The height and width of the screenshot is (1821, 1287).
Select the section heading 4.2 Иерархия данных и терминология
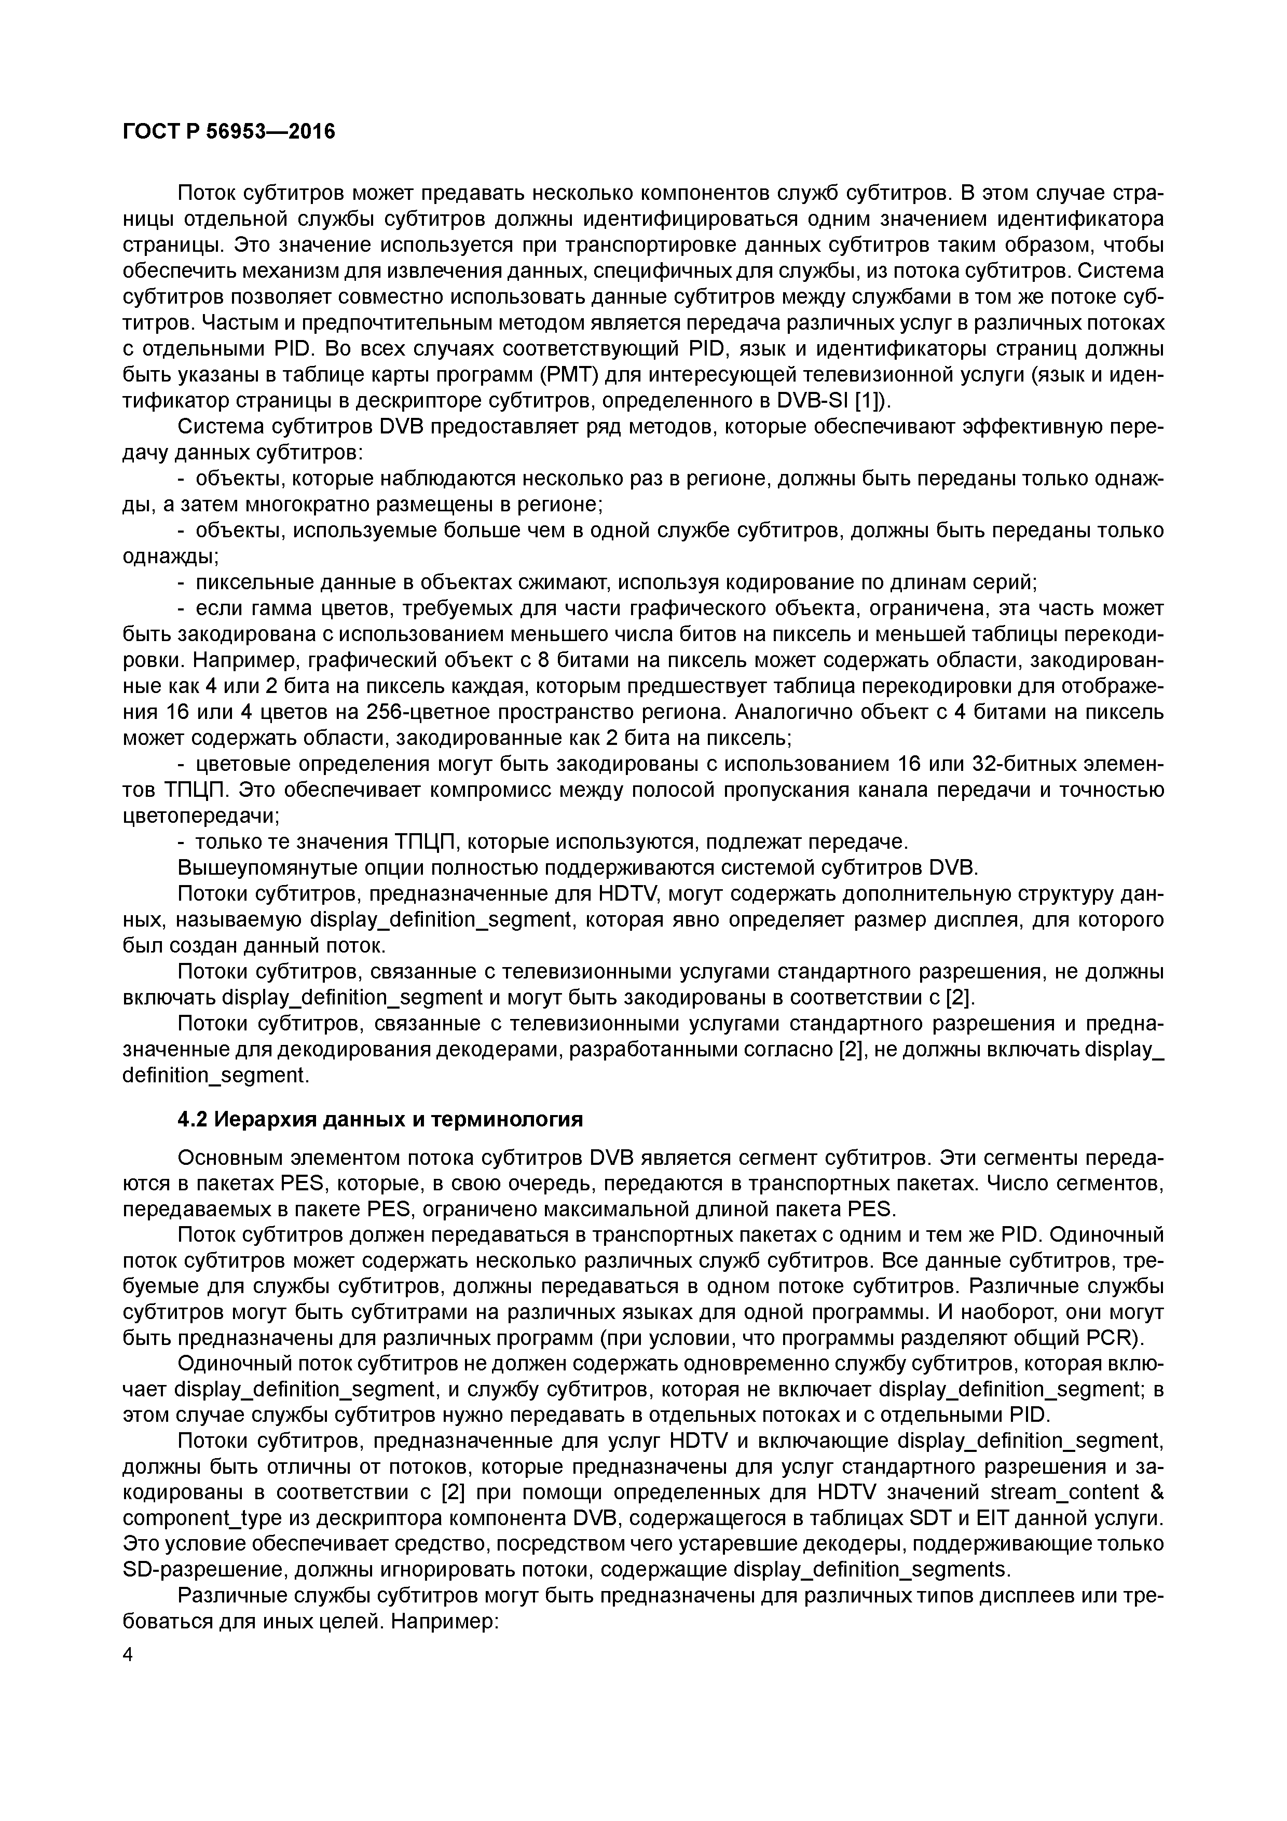point(380,1119)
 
